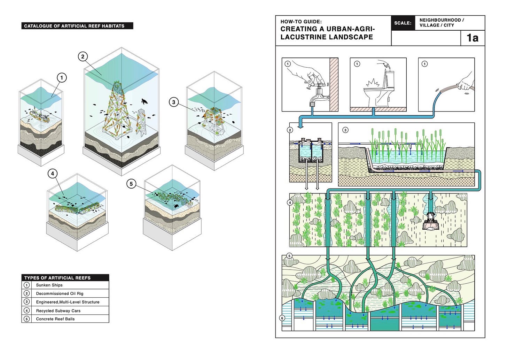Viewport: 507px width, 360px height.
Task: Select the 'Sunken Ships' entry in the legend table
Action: pos(49,285)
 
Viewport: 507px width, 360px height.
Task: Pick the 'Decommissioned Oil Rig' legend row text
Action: pos(60,293)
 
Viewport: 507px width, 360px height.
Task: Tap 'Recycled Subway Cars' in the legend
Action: pos(58,311)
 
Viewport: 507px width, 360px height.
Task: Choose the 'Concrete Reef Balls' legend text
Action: pos(55,319)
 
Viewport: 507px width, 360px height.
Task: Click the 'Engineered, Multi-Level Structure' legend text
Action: pos(68,302)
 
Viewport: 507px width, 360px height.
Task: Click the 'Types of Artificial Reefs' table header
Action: pos(57,278)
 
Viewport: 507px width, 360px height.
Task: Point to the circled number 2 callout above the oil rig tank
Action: pos(83,56)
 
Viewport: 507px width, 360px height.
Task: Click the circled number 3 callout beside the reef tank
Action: pos(174,102)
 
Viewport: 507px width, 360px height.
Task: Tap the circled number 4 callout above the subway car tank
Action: pos(52,174)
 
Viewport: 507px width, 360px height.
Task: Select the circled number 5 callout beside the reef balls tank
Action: pos(131,184)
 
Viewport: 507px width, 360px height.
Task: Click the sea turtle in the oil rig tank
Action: pos(145,102)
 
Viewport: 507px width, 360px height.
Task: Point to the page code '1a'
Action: pos(473,38)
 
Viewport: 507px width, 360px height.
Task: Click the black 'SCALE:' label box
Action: pos(403,23)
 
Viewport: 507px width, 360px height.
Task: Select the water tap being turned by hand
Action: pos(317,92)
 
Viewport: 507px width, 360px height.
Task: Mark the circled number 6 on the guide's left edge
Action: pos(282,318)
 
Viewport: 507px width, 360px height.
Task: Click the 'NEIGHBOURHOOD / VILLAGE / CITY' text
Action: pos(441,23)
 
